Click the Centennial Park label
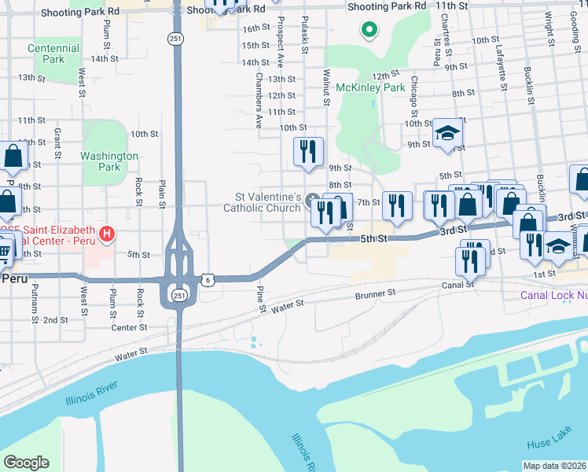pos(53,53)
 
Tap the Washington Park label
pos(109,161)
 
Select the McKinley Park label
pos(370,88)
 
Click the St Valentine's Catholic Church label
pos(263,202)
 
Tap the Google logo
pos(26,463)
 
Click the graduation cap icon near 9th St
pos(447,134)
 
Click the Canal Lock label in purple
pos(554,296)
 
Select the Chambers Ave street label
pos(258,101)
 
